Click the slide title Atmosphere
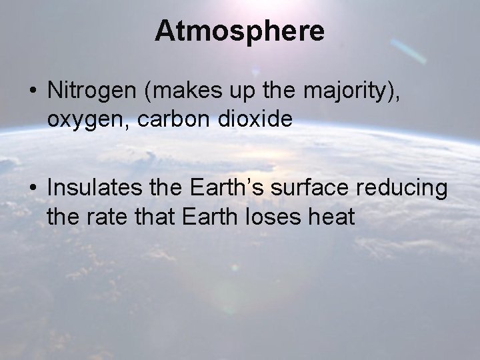tap(240, 31)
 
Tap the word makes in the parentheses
tap(175, 92)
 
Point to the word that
tap(159, 216)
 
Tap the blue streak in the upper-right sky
tap(407, 51)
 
